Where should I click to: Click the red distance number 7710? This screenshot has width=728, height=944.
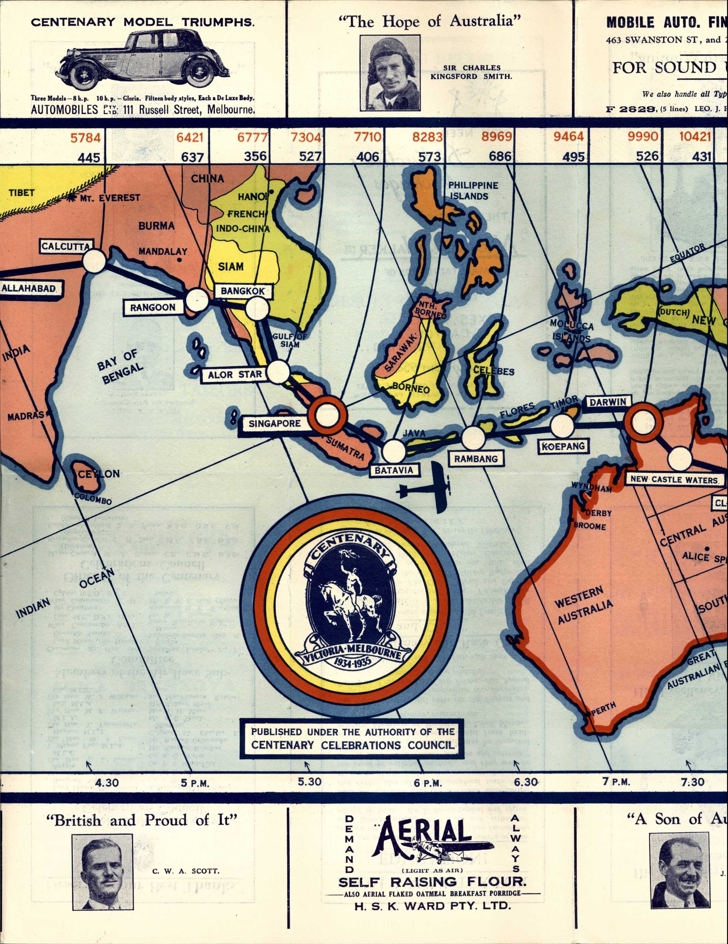tap(368, 138)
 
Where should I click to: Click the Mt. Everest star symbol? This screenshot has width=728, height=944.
tap(72, 198)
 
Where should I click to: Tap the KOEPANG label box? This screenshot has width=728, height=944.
tap(564, 447)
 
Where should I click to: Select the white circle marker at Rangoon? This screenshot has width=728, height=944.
tap(197, 301)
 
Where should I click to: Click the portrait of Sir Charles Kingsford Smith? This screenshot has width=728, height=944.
tap(391, 73)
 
